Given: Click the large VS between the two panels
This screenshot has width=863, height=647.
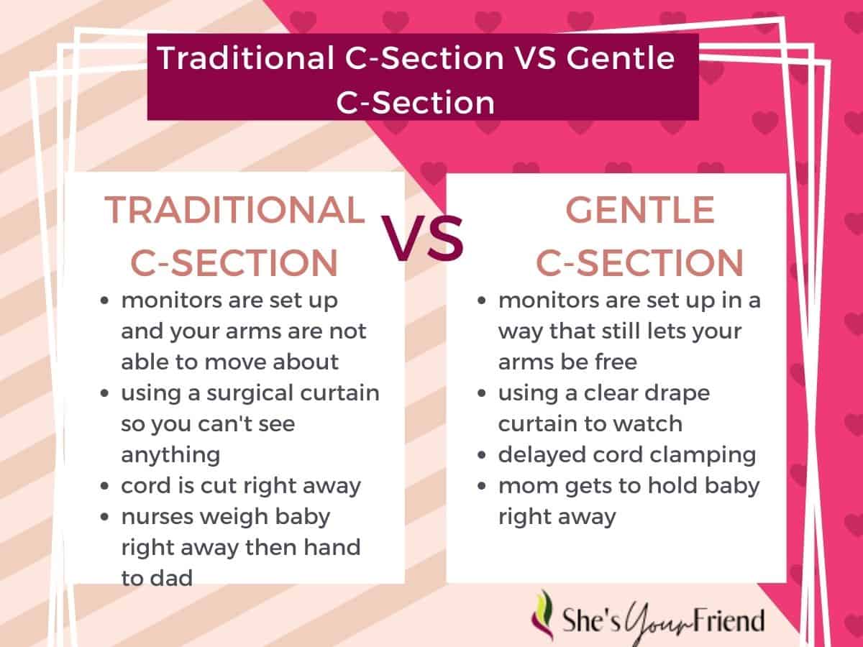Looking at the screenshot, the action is click(422, 238).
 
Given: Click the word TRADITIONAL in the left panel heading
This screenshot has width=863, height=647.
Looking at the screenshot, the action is click(234, 210).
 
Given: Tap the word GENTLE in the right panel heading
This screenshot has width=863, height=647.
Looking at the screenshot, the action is click(639, 210).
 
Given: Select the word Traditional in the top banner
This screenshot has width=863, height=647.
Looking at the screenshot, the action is click(246, 58).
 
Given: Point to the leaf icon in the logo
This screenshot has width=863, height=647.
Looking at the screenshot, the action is click(542, 615).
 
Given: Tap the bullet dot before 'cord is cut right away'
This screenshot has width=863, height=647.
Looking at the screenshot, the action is click(104, 486).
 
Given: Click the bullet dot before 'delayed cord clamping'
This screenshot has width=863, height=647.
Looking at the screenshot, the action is click(482, 455).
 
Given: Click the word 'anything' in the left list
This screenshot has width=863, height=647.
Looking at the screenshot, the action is click(170, 456).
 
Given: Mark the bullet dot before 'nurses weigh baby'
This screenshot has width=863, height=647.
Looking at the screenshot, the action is click(104, 517).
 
